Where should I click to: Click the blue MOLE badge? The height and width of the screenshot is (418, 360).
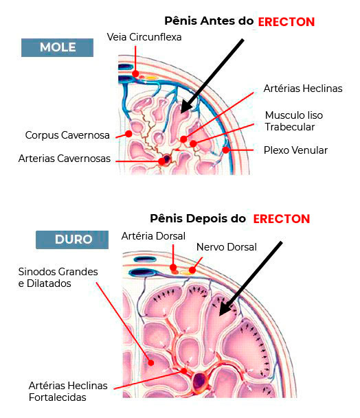[x=58, y=48]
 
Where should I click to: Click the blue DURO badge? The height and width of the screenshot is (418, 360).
[x=72, y=240]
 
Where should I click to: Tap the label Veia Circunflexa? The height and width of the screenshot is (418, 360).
[x=144, y=37]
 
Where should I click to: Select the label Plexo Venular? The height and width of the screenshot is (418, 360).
[x=295, y=150]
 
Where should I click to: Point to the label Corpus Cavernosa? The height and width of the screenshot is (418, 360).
[x=67, y=135]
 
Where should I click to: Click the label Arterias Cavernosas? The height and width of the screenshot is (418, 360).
[x=65, y=159]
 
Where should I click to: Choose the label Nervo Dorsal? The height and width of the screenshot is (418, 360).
[x=227, y=247]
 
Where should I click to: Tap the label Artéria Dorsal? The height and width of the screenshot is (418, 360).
[x=153, y=236]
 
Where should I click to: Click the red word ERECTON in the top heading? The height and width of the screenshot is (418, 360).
[x=286, y=22]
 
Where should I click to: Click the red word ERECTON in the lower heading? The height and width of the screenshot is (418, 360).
[x=282, y=219]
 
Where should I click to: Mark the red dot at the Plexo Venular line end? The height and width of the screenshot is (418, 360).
[x=226, y=150]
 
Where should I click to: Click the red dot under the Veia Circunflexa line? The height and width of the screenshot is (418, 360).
[x=135, y=73]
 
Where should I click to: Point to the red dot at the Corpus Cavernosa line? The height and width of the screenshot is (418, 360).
[x=128, y=134]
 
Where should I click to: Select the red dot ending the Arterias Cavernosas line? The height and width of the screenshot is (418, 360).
[x=161, y=161]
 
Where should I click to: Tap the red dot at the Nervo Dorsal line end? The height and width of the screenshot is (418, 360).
[x=192, y=270]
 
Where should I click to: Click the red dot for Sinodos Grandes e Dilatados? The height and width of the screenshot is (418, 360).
[x=151, y=362]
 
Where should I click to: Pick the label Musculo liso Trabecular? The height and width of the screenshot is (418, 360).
[x=294, y=121]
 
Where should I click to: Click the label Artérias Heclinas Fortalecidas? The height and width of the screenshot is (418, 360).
[x=68, y=391]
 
